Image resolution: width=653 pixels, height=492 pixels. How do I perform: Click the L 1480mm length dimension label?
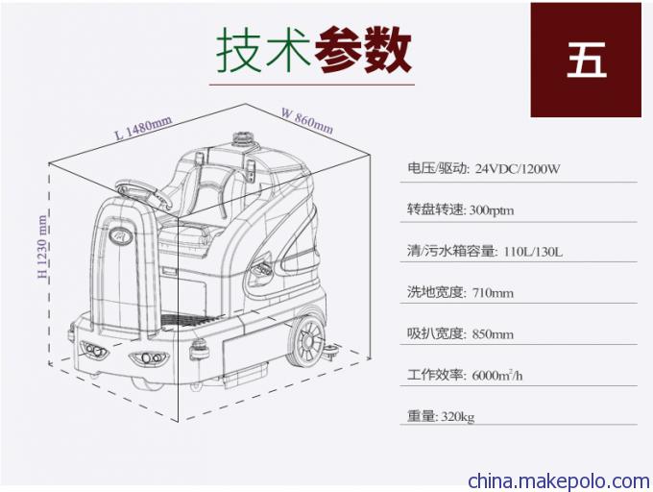tap(143, 128)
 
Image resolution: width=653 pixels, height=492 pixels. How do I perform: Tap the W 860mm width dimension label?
tap(307, 121)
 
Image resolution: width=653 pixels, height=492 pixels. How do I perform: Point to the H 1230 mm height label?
tap(42, 246)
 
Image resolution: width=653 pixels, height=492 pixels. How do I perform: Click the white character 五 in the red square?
tap(586, 60)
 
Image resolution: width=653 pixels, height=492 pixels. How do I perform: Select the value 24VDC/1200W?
tap(518, 169)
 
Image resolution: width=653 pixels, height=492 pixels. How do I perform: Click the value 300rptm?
tap(492, 209)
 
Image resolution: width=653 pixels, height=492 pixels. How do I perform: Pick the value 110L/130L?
tap(533, 252)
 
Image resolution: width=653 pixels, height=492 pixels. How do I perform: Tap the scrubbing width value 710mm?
tap(493, 293)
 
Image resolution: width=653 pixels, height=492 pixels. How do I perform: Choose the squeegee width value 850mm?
tap(493, 334)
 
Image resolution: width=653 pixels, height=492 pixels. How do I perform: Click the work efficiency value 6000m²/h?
tap(497, 375)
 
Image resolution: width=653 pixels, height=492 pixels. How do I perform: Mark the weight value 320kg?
tap(458, 417)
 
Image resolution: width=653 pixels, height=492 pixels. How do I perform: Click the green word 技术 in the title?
tap(264, 49)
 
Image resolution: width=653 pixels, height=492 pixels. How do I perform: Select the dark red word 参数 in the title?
tap(363, 49)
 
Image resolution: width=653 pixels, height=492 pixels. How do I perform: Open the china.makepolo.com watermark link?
tap(559, 481)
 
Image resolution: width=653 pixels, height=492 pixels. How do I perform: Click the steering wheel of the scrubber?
tap(144, 193)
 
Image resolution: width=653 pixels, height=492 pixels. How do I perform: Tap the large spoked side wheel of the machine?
tap(307, 341)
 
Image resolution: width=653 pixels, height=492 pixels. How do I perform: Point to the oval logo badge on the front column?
tap(121, 235)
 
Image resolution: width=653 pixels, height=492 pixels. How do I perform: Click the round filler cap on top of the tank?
tap(241, 138)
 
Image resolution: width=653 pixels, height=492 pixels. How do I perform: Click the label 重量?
tap(422, 416)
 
